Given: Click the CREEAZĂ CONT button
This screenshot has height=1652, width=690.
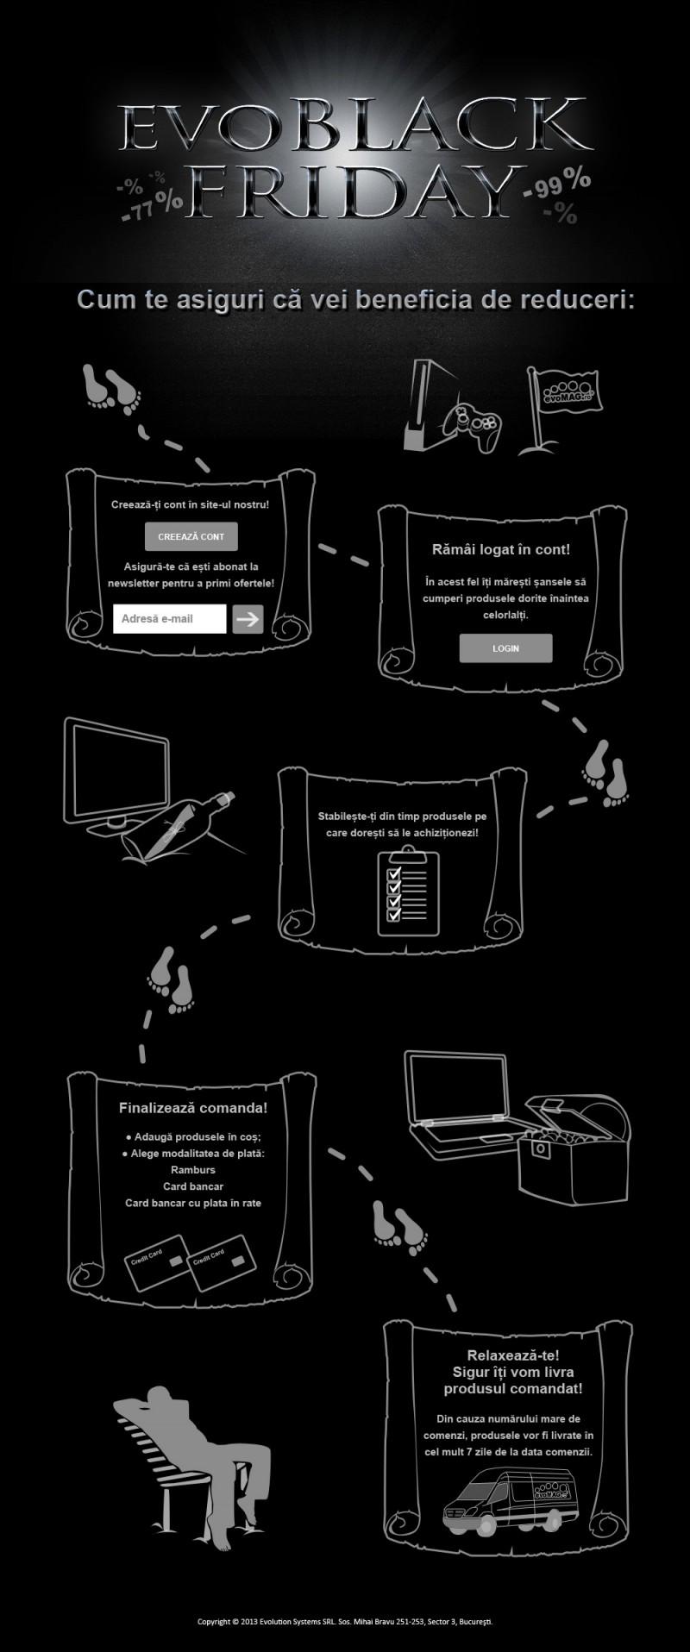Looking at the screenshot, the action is (191, 536).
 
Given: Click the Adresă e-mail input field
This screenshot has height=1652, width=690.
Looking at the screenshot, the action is (169, 618).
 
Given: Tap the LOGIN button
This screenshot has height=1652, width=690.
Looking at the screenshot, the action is (505, 648).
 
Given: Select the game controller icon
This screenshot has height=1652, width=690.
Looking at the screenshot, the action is (472, 425).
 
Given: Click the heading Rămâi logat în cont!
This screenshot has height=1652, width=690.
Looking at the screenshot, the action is (501, 549).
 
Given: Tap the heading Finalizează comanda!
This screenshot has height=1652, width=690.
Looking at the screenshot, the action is (193, 1107).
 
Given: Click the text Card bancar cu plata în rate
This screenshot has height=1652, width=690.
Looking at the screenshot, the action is (193, 1203).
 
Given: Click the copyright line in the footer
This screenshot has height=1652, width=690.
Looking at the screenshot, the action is (345, 1622).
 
